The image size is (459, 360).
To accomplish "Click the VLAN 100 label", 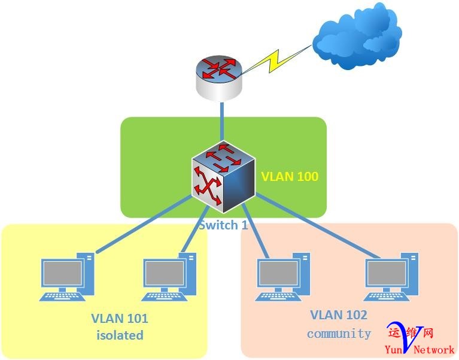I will (x=290, y=177).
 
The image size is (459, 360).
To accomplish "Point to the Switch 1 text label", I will (x=223, y=225).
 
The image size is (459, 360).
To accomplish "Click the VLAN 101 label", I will (x=119, y=318).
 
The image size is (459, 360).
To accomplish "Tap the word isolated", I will (x=120, y=335).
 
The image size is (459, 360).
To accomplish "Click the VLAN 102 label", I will (x=339, y=315).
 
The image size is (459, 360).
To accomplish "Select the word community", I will (x=339, y=334).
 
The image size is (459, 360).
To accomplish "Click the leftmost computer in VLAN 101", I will (x=67, y=277).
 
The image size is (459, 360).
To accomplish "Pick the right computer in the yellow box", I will (x=171, y=277).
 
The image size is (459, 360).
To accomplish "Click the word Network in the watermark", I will (x=434, y=349).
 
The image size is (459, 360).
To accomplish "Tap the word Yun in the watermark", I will (x=394, y=349).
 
